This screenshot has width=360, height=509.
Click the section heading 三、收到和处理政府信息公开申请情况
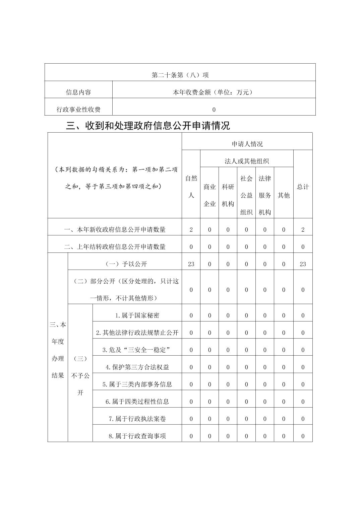tap(148, 126)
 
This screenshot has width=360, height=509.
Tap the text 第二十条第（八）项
tap(180, 75)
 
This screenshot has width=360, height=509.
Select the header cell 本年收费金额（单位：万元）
tap(214, 92)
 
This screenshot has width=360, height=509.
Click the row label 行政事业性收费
tap(78, 110)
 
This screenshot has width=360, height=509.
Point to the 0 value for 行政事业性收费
tap(214, 110)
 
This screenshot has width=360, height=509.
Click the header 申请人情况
tap(247, 144)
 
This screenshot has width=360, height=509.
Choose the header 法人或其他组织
tap(247, 161)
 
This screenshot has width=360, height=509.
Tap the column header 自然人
tap(191, 187)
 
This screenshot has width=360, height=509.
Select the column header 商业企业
tap(209, 195)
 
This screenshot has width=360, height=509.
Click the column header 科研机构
tap(228, 195)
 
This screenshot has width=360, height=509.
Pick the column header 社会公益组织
tap(246, 195)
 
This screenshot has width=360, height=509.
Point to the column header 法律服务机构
tap(265, 195)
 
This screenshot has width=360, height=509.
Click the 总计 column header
tap(303, 187)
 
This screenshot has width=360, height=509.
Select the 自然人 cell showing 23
tap(191, 264)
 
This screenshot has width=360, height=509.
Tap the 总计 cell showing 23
tap(303, 264)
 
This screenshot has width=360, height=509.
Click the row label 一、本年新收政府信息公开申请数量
tap(115, 230)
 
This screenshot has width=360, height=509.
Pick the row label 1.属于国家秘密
tap(137, 315)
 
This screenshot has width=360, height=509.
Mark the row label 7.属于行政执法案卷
tap(137, 419)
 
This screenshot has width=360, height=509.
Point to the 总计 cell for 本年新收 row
tap(303, 230)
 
